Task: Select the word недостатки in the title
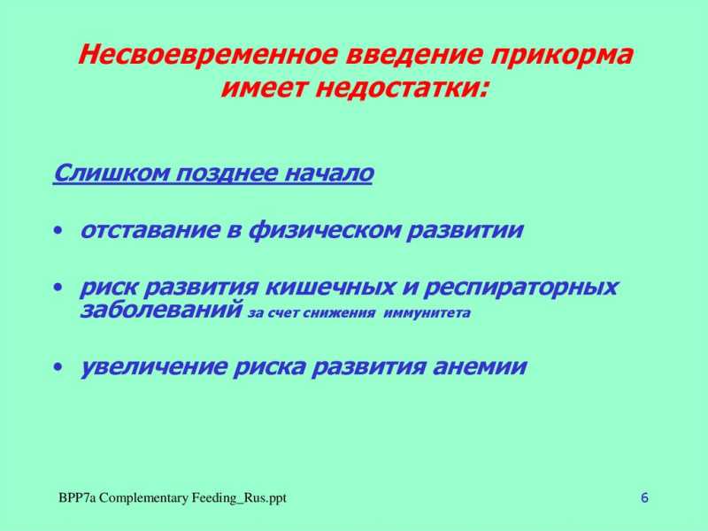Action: click(402, 88)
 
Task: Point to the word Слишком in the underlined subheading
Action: click(112, 173)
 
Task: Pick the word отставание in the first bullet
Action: click(149, 230)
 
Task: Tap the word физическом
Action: click(324, 231)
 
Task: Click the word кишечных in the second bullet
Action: click(329, 288)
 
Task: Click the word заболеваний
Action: click(161, 311)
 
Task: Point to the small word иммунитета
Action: click(427, 313)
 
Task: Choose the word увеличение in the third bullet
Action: click(153, 367)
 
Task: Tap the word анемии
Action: click(480, 366)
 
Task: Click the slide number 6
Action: click(644, 498)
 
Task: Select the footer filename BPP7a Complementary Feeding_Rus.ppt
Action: click(173, 498)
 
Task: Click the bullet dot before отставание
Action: click(58, 231)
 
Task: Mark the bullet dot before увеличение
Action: click(58, 367)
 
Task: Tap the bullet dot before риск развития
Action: click(58, 288)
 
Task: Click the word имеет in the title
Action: click(264, 88)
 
